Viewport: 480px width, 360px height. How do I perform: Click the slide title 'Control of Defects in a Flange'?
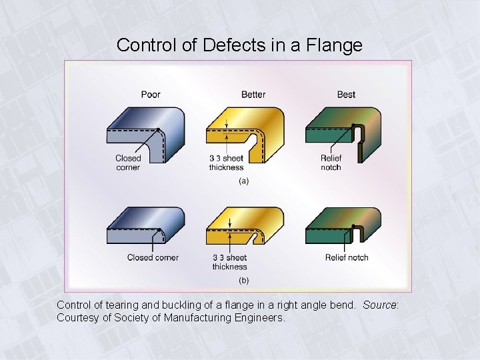(239, 45)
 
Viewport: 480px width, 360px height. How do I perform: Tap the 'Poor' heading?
(151, 95)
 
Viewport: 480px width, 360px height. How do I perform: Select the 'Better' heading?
(253, 95)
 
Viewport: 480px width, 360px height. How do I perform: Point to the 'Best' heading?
(346, 95)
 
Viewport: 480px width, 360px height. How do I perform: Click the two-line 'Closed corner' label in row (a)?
(128, 163)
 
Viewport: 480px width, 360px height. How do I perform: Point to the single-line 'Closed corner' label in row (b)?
(153, 257)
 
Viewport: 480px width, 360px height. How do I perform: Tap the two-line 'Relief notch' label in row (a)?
(331, 163)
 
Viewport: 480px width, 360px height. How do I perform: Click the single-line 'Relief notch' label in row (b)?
(347, 257)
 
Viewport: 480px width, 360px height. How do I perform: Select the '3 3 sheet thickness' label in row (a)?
(227, 163)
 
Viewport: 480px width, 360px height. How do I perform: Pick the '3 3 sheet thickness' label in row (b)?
(229, 262)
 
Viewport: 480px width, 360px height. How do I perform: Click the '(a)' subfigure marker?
(243, 181)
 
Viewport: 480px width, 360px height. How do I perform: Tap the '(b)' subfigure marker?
(243, 279)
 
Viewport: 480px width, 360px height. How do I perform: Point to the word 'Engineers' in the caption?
(261, 317)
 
